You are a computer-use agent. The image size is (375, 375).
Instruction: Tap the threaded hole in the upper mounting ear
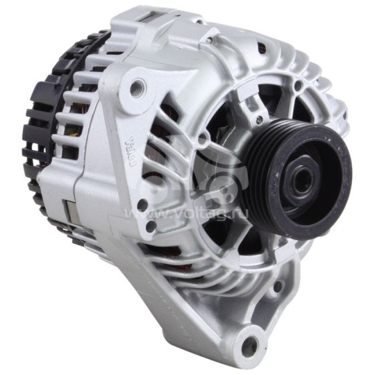(137, 86)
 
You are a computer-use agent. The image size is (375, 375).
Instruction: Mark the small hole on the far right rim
(342, 111)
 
